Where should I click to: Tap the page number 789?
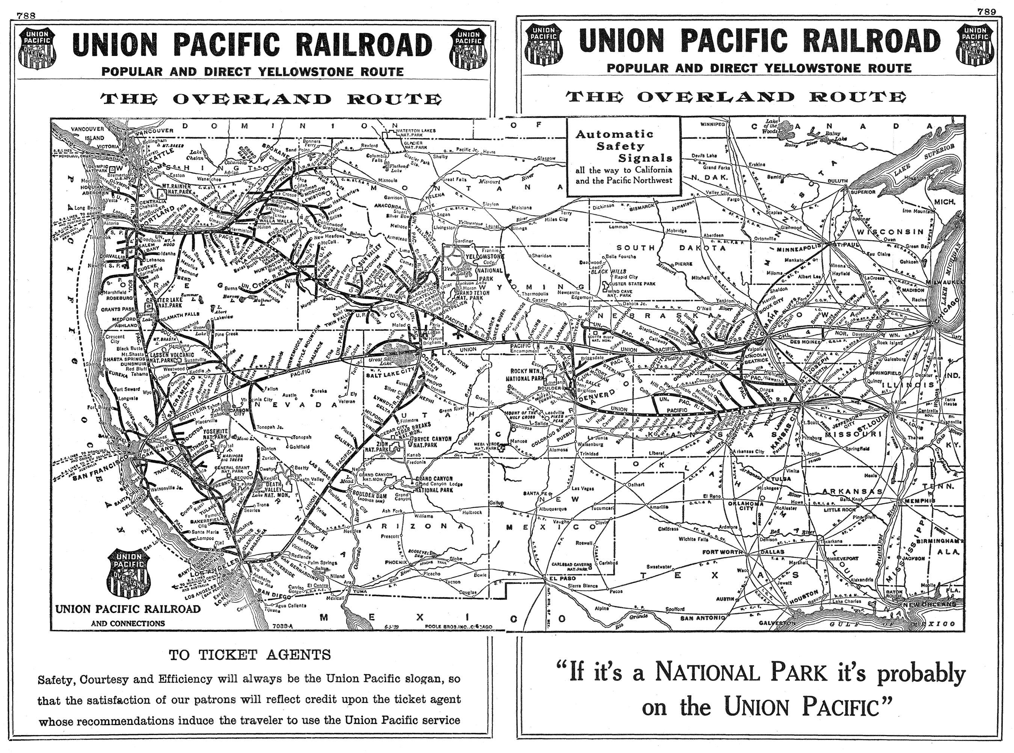(986, 12)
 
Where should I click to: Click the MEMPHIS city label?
(919, 500)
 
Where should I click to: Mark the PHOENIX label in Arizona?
(396, 562)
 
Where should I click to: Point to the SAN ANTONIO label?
(702, 618)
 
